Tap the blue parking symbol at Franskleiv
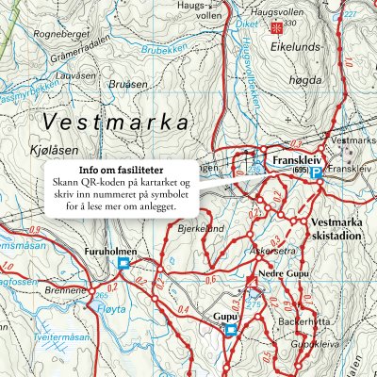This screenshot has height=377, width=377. point(318,173)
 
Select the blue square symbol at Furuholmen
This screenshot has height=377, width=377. point(123,265)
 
